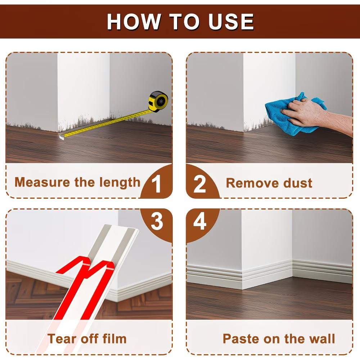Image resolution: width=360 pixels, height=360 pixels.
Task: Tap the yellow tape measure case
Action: [158, 100]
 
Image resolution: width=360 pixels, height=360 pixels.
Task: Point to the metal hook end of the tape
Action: [61, 137]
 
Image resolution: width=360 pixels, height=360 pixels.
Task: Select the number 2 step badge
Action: [200, 184]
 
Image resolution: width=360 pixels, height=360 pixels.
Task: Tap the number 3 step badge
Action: [157, 221]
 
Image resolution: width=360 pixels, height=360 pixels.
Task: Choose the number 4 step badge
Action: [200, 221]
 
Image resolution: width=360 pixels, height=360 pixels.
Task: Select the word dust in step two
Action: [298, 183]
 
